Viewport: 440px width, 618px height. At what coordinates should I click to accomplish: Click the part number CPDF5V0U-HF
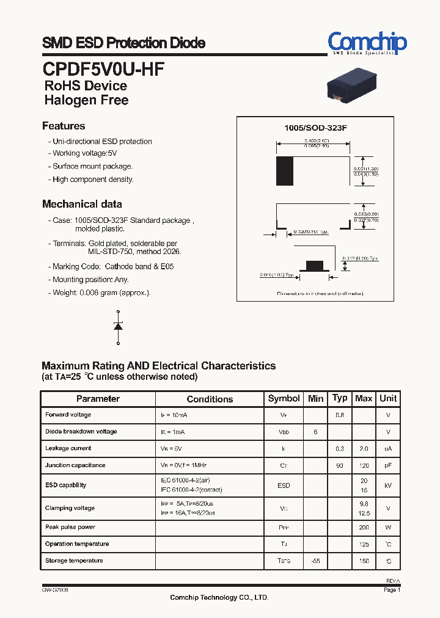103,68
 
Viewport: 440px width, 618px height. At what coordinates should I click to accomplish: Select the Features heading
64,126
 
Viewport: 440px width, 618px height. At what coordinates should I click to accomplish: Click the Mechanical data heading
82,204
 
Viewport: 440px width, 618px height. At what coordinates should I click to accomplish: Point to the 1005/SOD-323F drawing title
315,128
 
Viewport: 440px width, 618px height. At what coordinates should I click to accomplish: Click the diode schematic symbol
118,326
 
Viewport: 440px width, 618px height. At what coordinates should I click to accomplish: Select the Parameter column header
98,399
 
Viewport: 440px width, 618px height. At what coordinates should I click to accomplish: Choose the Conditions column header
210,399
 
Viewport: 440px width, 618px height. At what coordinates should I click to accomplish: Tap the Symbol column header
284,398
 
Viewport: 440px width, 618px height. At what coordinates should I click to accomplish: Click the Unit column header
388,398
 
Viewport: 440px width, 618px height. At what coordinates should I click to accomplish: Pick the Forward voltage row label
68,415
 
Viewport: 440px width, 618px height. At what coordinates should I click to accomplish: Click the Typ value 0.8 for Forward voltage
340,415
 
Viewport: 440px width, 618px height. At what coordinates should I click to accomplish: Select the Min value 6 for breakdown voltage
315,432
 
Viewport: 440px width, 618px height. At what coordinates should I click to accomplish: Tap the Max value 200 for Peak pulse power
364,527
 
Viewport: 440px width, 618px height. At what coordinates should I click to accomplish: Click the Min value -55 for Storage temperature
315,561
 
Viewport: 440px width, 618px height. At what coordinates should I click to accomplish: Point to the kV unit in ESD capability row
388,485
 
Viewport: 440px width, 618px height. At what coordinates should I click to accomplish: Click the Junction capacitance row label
75,465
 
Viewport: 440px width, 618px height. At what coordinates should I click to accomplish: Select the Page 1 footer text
392,591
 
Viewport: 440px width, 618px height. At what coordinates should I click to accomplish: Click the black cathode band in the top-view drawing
284,171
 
